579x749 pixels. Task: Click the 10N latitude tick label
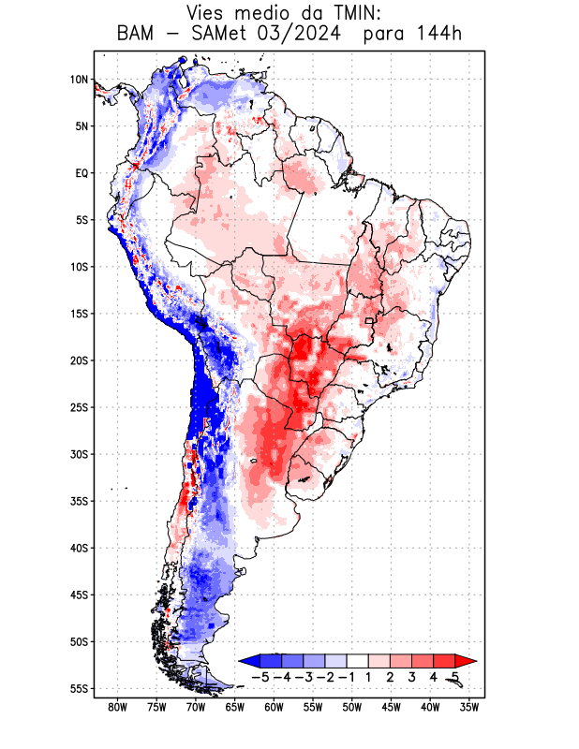[79, 80]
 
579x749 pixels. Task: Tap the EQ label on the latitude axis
[82, 173]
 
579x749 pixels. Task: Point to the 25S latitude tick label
[79, 407]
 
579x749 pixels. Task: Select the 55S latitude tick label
[79, 688]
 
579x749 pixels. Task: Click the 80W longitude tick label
[118, 707]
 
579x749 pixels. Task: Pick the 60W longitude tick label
[275, 707]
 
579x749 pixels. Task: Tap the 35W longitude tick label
[469, 707]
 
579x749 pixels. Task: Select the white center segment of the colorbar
[357, 660]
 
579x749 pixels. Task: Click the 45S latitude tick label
[79, 595]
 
